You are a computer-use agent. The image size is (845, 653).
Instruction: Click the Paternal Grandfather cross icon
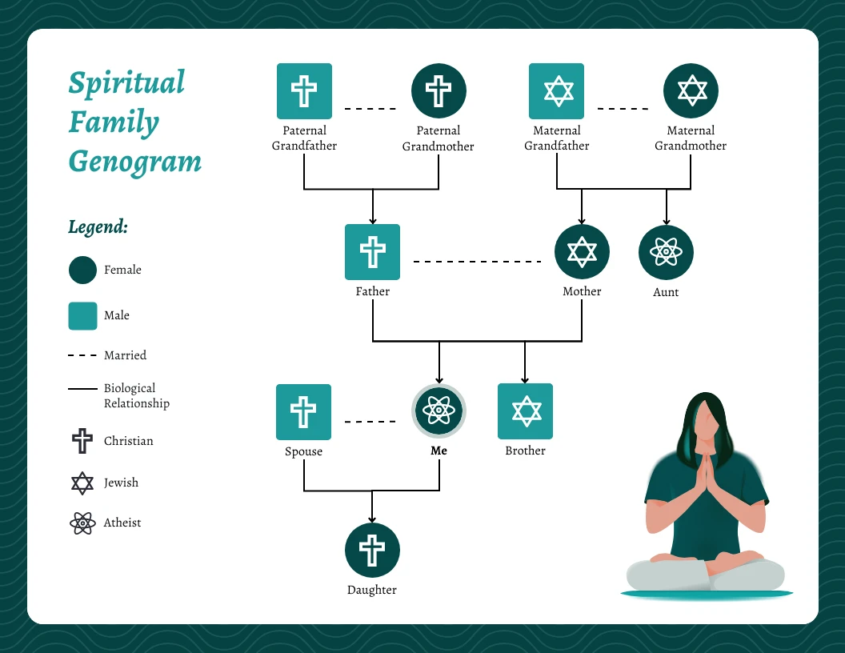click(304, 90)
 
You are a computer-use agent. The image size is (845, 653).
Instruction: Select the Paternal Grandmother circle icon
click(439, 90)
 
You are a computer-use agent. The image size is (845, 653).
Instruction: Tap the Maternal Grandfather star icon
click(557, 90)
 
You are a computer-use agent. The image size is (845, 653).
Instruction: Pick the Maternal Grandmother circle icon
click(691, 90)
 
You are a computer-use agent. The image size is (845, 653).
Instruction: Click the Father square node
click(372, 251)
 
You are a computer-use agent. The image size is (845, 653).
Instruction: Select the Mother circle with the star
click(582, 251)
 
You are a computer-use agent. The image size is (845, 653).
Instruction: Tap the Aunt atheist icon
click(666, 252)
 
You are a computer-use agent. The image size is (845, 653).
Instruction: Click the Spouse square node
click(303, 411)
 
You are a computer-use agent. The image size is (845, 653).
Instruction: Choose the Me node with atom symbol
click(439, 411)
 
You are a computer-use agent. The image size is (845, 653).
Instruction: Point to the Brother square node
click(525, 411)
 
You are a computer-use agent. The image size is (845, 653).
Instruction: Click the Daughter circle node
click(372, 551)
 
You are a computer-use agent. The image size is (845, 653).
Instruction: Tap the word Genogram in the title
click(134, 162)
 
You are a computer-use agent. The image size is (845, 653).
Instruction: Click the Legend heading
click(98, 226)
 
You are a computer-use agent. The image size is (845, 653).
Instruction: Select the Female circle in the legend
click(82, 270)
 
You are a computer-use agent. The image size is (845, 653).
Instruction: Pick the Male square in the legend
click(82, 315)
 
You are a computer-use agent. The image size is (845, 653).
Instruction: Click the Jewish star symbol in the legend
click(82, 483)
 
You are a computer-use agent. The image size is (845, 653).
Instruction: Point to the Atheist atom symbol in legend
click(82, 523)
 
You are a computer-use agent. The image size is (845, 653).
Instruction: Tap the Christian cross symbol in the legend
click(82, 441)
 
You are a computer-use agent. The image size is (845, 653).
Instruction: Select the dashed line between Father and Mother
click(477, 262)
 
